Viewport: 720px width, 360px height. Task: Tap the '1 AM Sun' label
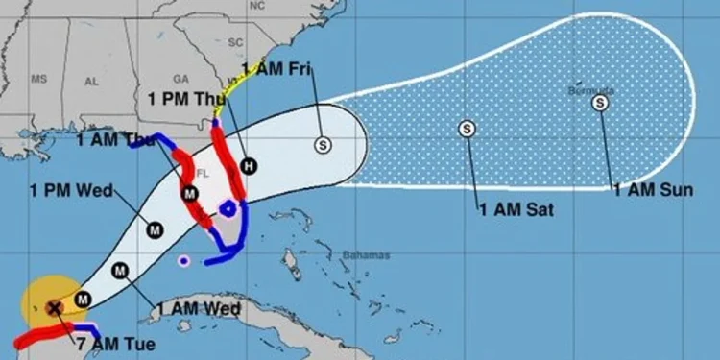tap(653, 190)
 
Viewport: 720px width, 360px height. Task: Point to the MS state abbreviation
tap(38, 78)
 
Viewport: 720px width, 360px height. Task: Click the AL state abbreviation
tap(92, 83)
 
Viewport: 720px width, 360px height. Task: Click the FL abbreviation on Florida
tap(202, 174)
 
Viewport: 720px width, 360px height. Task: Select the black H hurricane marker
tap(249, 165)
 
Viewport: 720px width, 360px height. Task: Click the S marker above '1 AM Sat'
tap(467, 128)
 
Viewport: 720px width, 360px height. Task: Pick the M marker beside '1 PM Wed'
tap(154, 228)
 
